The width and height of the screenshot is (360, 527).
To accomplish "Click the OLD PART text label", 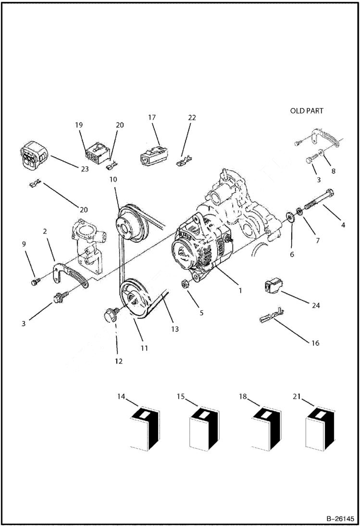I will point(307,110).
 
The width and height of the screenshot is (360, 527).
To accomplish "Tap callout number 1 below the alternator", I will point(240,291).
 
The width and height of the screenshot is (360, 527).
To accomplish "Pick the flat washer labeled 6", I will point(290,215).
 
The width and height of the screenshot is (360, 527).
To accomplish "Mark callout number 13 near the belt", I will point(174,329).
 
